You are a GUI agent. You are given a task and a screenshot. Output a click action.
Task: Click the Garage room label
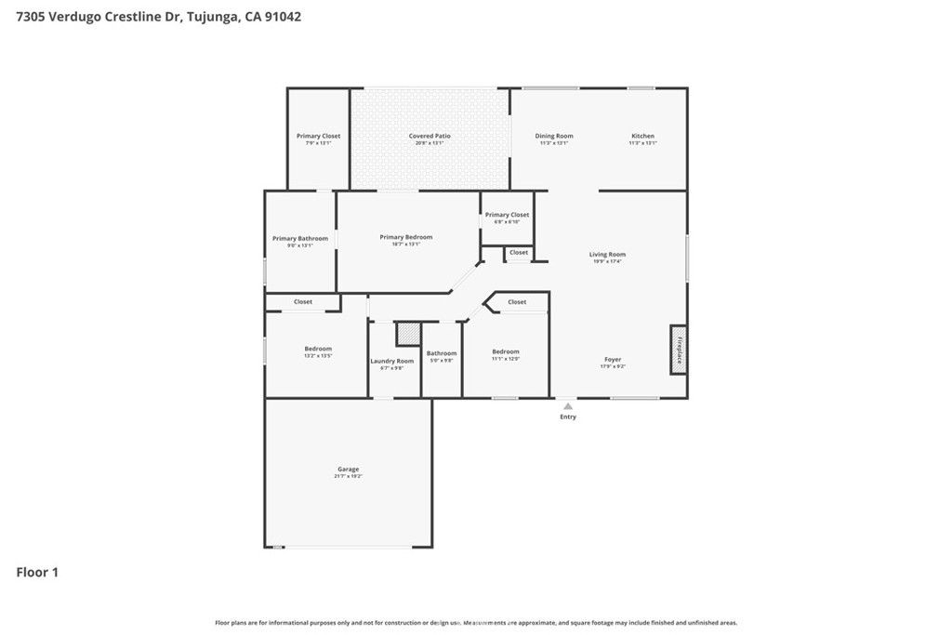tap(348, 470)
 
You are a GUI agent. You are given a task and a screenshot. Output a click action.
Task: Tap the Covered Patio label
tap(430, 137)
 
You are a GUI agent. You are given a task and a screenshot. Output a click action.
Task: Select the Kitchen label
tap(642, 137)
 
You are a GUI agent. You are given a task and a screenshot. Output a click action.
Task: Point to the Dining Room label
tap(554, 137)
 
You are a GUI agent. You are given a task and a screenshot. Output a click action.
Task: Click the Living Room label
tap(607, 255)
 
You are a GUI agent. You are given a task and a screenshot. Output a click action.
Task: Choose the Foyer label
tap(613, 360)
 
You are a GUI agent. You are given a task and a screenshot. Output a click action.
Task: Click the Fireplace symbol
tap(679, 350)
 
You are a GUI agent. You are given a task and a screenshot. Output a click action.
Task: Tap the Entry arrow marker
tap(567, 406)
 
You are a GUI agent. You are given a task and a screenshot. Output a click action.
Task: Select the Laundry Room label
tap(391, 361)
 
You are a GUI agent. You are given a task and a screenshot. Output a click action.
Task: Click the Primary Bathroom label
tap(299, 239)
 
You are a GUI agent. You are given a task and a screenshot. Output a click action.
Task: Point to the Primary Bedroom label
tap(406, 237)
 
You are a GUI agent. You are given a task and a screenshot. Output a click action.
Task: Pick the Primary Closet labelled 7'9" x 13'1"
tap(318, 137)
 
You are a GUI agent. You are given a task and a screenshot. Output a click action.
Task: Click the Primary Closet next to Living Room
tap(507, 215)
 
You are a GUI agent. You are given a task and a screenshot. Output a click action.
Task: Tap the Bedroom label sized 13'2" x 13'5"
tap(318, 349)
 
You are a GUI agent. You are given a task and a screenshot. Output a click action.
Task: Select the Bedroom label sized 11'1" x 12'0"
tap(506, 351)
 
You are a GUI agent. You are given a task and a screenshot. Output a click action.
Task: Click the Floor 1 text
tap(37, 573)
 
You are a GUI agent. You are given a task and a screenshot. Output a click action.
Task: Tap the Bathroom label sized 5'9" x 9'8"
tap(442, 353)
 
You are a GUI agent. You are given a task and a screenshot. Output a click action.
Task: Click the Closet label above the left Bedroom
tap(303, 301)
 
